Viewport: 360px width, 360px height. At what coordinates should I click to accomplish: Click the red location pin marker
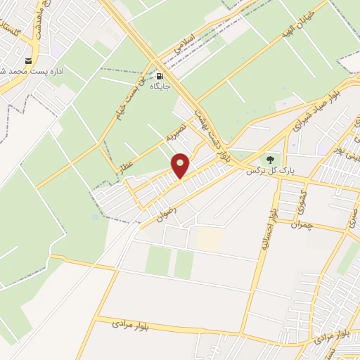point(181,166)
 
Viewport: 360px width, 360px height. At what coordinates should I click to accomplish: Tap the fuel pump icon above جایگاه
point(160,77)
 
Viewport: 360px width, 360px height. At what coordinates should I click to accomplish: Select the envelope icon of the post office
point(29,60)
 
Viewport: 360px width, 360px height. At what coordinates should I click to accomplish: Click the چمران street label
point(300,225)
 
